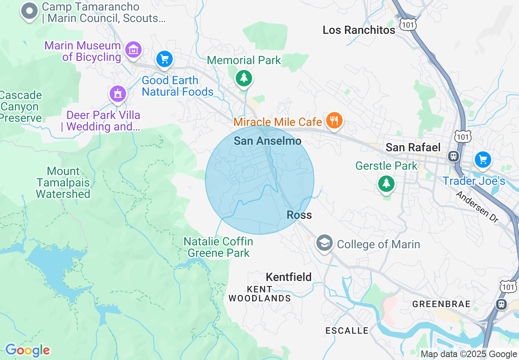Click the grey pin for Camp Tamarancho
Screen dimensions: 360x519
click(x=29, y=11)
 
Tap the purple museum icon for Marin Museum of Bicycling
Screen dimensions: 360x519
click(x=133, y=50)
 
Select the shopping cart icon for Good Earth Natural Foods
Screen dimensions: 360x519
click(x=165, y=59)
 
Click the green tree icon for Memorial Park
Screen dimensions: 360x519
click(x=244, y=77)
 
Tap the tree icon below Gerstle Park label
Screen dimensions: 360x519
click(x=386, y=183)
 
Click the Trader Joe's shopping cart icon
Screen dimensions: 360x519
click(x=483, y=159)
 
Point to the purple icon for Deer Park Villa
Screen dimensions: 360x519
click(x=118, y=94)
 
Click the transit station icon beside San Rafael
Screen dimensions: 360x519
click(x=453, y=156)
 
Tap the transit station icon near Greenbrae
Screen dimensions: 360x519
click(x=501, y=304)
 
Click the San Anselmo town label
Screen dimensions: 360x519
click(x=267, y=141)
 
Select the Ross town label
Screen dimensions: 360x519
click(x=299, y=215)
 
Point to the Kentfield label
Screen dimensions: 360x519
click(x=289, y=277)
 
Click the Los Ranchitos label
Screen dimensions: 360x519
click(x=359, y=30)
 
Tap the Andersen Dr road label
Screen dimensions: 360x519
click(x=476, y=207)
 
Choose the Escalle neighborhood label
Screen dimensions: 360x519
click(x=347, y=331)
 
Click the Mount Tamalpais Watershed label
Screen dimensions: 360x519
click(x=63, y=182)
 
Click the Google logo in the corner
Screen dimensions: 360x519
click(x=27, y=351)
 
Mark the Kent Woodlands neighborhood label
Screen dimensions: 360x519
click(x=259, y=294)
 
